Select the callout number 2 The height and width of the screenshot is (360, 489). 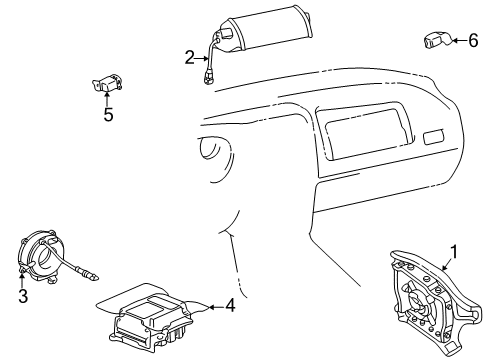pos(189,57)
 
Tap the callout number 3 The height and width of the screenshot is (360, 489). pos(23,296)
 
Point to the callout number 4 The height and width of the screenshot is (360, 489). pos(230,305)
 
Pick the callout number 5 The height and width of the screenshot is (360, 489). pos(108,114)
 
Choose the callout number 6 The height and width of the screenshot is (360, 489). pos(473,40)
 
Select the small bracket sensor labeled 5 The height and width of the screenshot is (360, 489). pos(107,84)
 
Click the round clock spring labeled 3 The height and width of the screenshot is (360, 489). pos(38,257)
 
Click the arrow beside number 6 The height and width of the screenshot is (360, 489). pos(460,41)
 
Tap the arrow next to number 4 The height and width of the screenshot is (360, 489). pos(216,307)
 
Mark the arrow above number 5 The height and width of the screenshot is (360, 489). pos(107,99)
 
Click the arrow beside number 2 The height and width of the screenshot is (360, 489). pos(201,58)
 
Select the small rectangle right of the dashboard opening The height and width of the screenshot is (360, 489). pos(434,137)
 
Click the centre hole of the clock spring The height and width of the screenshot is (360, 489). pos(44,257)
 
